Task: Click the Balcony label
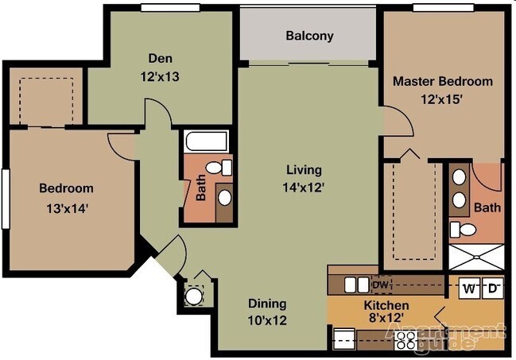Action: tap(309, 36)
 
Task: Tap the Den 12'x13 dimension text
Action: tap(160, 76)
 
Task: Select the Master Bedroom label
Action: tap(443, 81)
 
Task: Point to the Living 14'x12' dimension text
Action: tap(304, 188)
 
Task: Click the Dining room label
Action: tap(267, 304)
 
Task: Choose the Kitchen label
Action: tap(386, 305)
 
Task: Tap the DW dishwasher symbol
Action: tap(381, 285)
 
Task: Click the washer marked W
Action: tap(470, 288)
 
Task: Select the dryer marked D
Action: tap(492, 288)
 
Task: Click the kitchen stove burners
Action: tap(405, 340)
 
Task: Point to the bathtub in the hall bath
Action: tap(206, 141)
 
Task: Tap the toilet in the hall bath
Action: tap(219, 168)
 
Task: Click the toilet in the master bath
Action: tap(463, 230)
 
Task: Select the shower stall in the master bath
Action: tap(476, 257)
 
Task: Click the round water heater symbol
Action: tap(193, 296)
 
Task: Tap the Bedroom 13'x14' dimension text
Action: tap(67, 209)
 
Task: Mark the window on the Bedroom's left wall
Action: tap(6, 199)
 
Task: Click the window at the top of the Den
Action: tap(170, 8)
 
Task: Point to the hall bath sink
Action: tap(225, 198)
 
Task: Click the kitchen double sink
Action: tap(357, 285)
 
